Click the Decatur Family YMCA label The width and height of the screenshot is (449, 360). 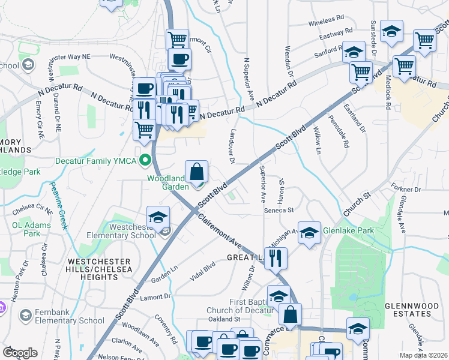(x=96, y=161)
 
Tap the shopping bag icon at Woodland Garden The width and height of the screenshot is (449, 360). (x=196, y=172)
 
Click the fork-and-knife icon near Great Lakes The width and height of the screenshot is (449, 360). (x=276, y=258)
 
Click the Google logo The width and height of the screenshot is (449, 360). (x=20, y=352)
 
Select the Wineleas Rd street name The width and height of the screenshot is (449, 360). (x=326, y=23)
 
